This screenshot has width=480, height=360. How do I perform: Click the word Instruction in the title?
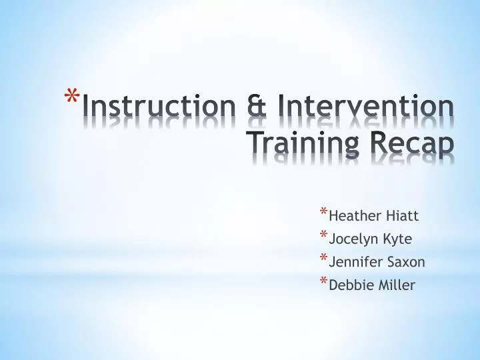[x=159, y=108]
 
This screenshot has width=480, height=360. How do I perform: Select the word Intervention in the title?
[x=366, y=108]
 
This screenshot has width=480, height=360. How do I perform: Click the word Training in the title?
[x=305, y=143]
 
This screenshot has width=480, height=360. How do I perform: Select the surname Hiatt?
[x=400, y=216]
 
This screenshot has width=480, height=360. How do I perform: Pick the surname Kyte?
[x=398, y=239]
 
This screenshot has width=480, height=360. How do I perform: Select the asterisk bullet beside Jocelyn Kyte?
[x=323, y=236]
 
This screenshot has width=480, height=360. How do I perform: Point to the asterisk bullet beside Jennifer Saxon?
[x=323, y=259]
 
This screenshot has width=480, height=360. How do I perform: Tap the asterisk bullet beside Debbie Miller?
[x=323, y=283]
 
